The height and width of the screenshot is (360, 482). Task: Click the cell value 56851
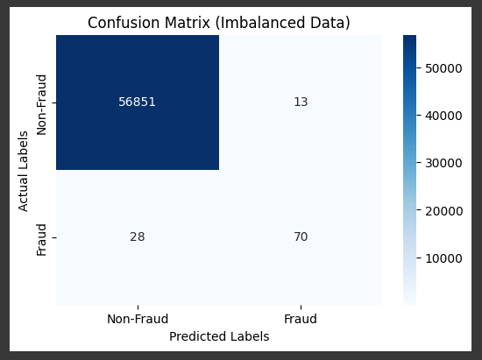tap(137, 102)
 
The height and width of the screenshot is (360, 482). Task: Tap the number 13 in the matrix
tap(301, 102)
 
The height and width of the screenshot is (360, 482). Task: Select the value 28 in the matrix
tap(137, 236)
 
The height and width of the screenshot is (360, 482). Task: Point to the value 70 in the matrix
tap(301, 236)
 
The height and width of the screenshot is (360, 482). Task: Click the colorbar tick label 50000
tap(443, 68)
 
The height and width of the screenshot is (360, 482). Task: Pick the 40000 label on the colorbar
tap(443, 116)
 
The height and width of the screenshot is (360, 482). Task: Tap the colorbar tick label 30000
tap(443, 163)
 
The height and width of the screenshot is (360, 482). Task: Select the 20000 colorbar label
tap(443, 211)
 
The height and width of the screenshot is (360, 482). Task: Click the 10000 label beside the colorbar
tap(443, 258)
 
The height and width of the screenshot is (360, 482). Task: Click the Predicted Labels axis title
tap(219, 336)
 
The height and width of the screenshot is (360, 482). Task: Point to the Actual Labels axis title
tap(23, 172)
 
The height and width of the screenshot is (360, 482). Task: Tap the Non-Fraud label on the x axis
tap(138, 319)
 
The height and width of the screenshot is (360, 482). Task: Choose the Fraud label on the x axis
tap(301, 319)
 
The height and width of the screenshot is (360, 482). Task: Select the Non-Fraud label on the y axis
tap(41, 105)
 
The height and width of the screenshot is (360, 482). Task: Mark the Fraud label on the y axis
tap(41, 240)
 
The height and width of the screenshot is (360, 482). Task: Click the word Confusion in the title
tap(124, 23)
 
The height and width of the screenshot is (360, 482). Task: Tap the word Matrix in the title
tap(188, 23)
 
